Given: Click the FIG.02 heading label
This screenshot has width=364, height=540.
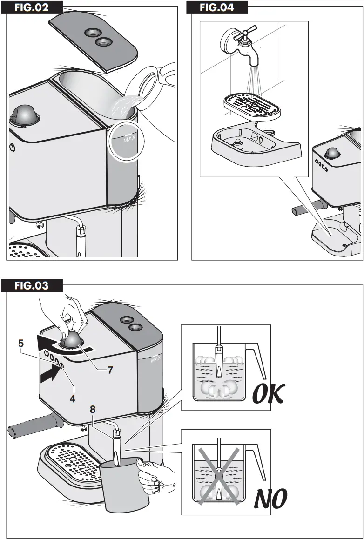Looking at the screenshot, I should [32, 8].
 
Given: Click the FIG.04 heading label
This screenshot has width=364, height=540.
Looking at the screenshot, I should [216, 8].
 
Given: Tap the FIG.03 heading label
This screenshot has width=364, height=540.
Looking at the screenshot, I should [31, 285].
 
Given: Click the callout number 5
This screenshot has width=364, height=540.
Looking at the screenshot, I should [21, 344].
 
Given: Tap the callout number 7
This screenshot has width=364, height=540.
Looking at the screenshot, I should [110, 371].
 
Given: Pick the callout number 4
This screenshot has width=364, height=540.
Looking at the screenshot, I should [73, 398].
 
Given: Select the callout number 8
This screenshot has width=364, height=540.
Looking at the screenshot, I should [93, 409].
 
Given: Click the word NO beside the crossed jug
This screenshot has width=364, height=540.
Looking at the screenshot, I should [270, 499].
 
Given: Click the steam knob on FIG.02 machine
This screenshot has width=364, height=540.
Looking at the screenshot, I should [25, 114].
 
